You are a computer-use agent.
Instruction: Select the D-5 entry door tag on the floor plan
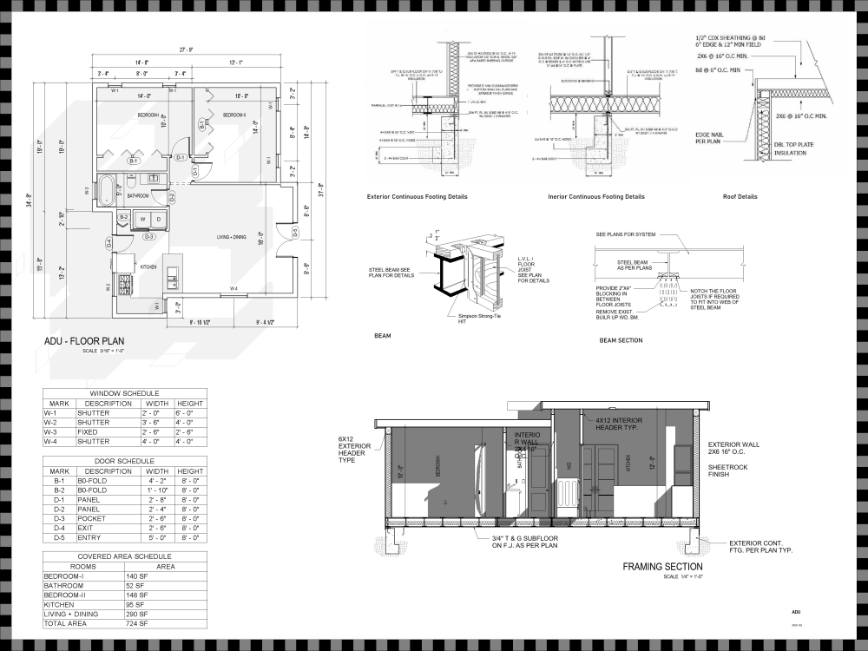pos(294,233)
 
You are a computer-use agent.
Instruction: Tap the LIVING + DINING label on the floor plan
pos(233,237)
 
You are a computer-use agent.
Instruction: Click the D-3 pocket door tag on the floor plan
pos(148,236)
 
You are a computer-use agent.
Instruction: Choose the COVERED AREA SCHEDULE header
pos(125,556)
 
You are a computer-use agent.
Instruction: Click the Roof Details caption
pos(740,197)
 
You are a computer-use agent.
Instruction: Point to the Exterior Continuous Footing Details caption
pos(419,197)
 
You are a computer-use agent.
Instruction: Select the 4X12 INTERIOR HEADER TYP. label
pos(618,424)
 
